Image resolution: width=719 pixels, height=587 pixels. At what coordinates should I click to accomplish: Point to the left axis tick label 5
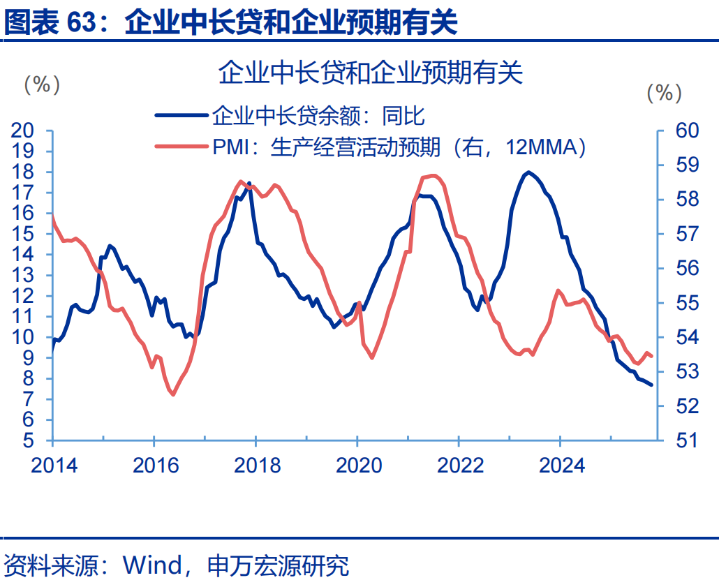click(x=29, y=440)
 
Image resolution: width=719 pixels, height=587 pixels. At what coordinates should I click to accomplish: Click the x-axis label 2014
click(x=53, y=465)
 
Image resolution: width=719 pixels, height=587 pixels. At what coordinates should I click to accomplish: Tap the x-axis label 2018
click(x=257, y=465)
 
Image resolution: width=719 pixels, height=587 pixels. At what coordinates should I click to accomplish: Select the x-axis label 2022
click(x=460, y=465)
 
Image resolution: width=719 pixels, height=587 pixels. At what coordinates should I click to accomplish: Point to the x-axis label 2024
click(x=562, y=465)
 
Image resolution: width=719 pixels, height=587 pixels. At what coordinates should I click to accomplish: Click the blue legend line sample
click(x=181, y=116)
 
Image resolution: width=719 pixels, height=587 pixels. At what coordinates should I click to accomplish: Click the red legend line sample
click(x=181, y=147)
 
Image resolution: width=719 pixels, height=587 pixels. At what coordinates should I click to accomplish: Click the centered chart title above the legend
click(x=370, y=73)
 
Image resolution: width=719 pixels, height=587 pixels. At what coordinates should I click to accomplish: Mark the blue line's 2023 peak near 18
click(x=529, y=172)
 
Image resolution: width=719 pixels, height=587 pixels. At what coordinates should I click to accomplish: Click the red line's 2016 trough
click(x=172, y=395)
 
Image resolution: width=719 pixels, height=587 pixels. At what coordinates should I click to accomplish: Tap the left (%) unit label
click(x=42, y=85)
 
